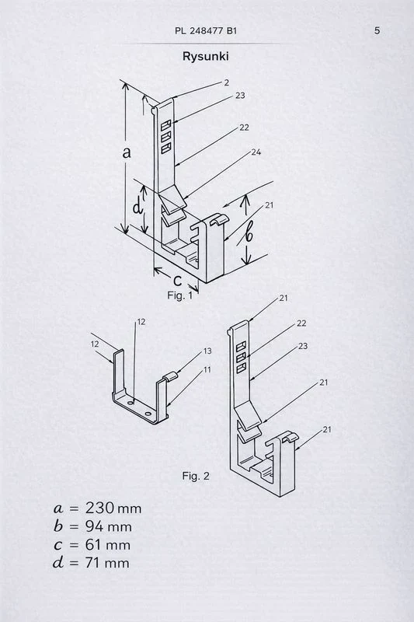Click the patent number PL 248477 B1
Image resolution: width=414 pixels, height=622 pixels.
(x=206, y=31)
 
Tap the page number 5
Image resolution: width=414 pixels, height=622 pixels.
(x=377, y=30)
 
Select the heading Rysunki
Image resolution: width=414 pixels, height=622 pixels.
(x=205, y=56)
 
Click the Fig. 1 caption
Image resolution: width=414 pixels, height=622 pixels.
(x=179, y=295)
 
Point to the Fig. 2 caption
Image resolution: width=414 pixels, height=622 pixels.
(x=195, y=476)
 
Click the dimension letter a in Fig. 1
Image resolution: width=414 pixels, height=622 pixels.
(x=127, y=152)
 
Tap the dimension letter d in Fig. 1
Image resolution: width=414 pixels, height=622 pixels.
(x=137, y=207)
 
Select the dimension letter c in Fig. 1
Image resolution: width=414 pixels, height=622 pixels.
(x=178, y=281)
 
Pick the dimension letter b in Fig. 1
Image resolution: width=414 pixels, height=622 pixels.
(x=249, y=235)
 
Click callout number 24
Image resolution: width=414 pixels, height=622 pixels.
(x=256, y=152)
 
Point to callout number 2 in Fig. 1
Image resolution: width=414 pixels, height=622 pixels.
(x=226, y=82)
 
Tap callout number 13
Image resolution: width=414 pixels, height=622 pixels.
(x=207, y=351)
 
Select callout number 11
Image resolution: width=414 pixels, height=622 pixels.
(x=207, y=370)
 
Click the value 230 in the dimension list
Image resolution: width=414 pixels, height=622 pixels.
(x=100, y=508)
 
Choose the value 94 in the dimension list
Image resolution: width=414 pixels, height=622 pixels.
(x=95, y=526)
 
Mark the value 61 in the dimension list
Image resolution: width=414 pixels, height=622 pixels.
(x=93, y=545)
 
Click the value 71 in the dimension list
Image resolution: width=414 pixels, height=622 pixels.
(x=93, y=563)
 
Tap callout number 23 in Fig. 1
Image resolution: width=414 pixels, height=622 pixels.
(x=240, y=95)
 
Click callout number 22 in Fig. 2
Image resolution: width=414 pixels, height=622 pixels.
(x=301, y=323)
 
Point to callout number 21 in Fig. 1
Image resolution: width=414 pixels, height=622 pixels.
(x=270, y=205)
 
